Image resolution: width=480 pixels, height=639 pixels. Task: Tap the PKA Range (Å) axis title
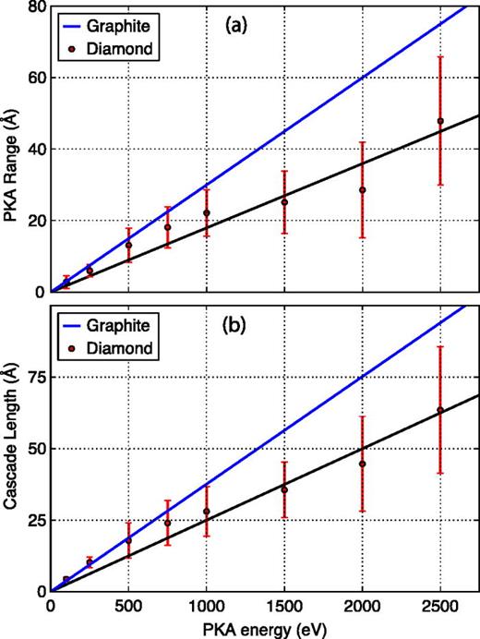[13, 148]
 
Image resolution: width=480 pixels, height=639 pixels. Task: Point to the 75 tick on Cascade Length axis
[35, 377]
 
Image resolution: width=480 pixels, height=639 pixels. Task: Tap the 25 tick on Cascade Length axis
[35, 520]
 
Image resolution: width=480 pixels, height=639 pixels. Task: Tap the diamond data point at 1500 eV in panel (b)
[285, 489]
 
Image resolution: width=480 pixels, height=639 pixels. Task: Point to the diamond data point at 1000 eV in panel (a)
[207, 213]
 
